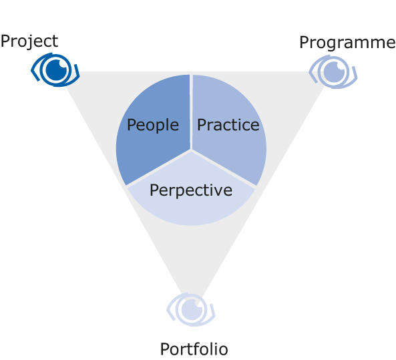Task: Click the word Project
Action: (29, 41)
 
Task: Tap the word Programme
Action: (347, 43)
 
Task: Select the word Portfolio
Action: (194, 349)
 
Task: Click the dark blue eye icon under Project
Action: (55, 69)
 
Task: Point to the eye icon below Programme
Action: (333, 71)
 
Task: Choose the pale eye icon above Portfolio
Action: (191, 309)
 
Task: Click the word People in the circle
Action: (153, 125)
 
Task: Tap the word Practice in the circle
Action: (228, 125)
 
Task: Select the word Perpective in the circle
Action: (191, 190)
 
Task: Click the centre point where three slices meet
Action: (191, 150)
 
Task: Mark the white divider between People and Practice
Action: (191, 112)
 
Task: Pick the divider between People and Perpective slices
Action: (158, 168)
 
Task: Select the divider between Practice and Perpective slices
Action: (224, 168)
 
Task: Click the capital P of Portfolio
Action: (165, 349)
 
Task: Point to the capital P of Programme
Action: (305, 43)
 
